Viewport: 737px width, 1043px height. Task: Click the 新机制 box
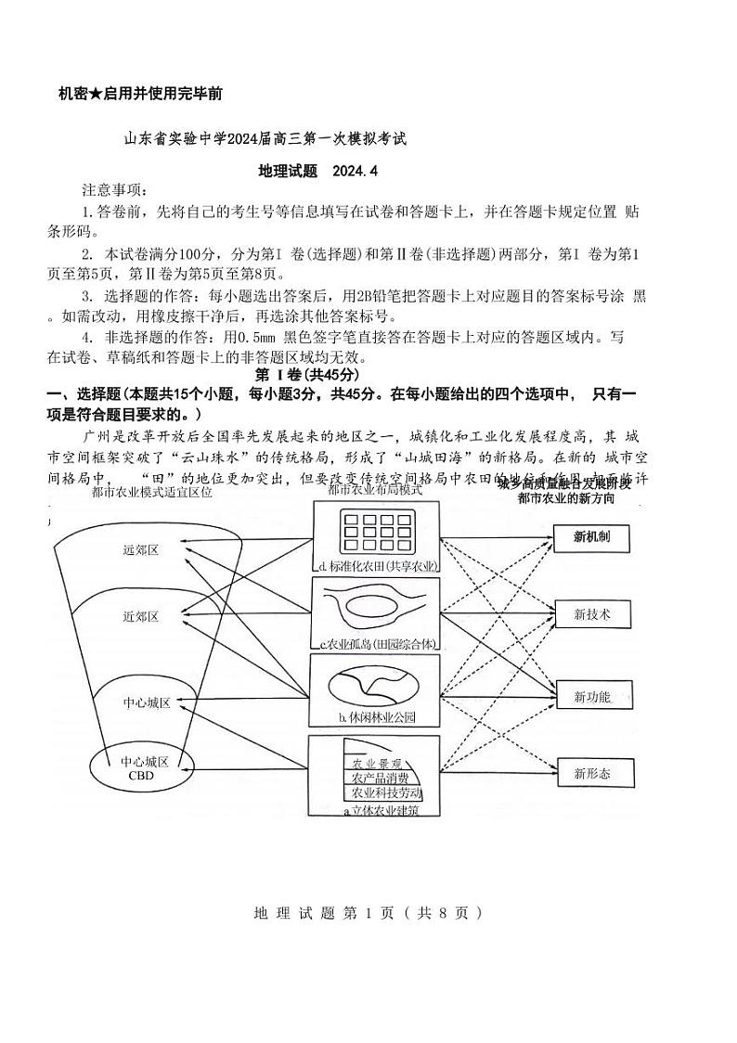pos(591,537)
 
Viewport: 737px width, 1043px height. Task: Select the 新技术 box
pos(591,614)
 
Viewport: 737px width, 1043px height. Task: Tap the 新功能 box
pos(591,695)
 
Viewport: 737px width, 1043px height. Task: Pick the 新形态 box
pos(591,772)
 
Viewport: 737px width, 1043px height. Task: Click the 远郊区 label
pos(141,549)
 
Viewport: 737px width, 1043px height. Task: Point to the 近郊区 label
pos(141,616)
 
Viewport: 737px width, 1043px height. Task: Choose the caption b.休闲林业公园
pos(376,717)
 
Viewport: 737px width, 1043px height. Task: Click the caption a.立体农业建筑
pos(381,810)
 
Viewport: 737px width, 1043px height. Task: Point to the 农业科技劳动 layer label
pos(382,793)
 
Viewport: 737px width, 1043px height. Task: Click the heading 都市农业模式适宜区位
pos(152,492)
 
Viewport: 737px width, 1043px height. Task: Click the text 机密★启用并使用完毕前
pos(139,94)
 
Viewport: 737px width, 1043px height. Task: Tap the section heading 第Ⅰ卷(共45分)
pos(306,374)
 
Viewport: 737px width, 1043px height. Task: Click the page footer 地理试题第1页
pos(368,912)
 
